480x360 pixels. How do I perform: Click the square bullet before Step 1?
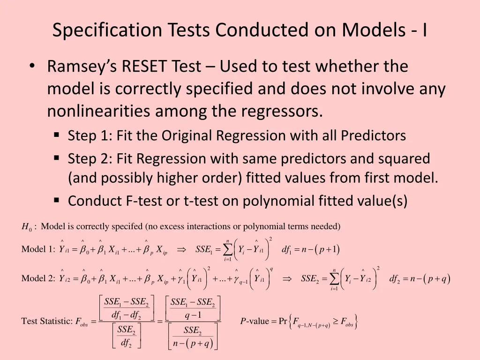57,136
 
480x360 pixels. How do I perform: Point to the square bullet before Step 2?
57,159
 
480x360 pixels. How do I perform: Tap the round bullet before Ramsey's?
32,67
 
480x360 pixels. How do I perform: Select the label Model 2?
38,279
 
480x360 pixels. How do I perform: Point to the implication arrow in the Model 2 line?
287,279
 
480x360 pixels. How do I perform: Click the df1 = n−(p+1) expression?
310,249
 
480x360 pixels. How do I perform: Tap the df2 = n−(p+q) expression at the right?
420,279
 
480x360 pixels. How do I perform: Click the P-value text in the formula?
255,322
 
